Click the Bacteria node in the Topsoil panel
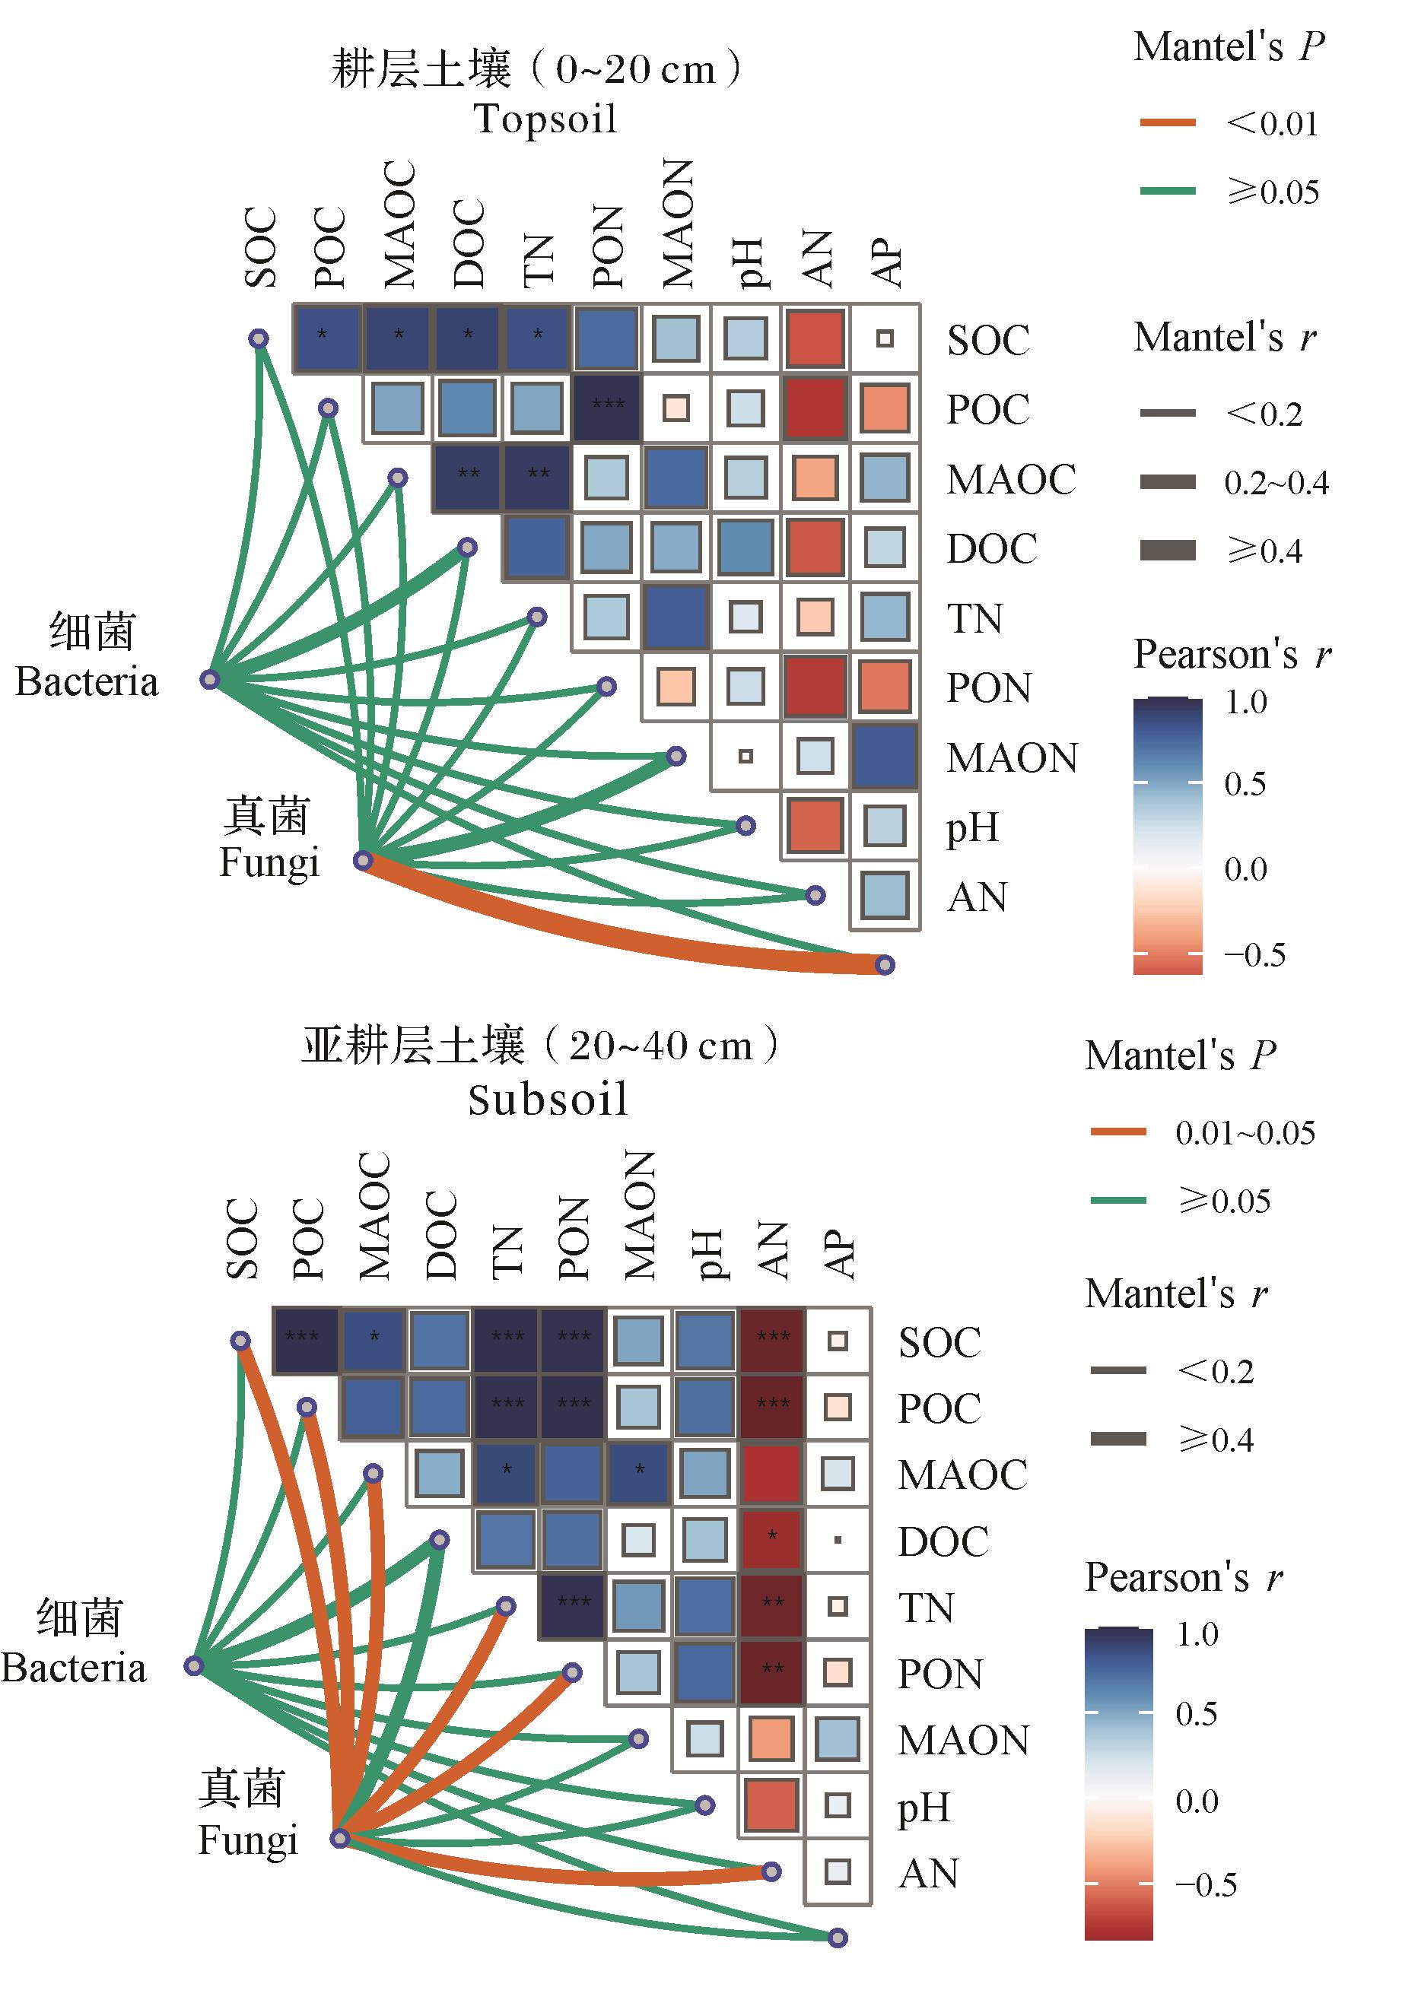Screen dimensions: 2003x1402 (209, 679)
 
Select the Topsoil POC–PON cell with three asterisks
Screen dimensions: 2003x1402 (607, 408)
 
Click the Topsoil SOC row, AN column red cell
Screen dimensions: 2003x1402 (815, 338)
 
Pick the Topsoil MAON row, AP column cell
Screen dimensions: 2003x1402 (885, 757)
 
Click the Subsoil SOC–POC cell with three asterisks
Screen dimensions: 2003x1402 (305, 1340)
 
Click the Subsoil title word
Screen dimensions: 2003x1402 (547, 1099)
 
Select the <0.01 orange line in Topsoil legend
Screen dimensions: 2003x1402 (1167, 123)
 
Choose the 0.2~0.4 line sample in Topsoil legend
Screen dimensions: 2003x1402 (1167, 481)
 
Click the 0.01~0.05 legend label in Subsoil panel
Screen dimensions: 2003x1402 (1245, 1132)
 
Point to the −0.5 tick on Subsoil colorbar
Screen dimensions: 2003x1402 (1206, 1884)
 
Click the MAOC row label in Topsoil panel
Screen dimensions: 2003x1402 (1011, 479)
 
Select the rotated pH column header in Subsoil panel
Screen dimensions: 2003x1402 (712, 1254)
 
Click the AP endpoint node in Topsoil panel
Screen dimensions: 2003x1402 (885, 965)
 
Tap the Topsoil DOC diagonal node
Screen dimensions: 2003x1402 (468, 547)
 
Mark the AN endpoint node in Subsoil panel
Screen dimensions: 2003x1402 (771, 1871)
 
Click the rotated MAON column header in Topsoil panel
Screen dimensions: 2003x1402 (678, 224)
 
